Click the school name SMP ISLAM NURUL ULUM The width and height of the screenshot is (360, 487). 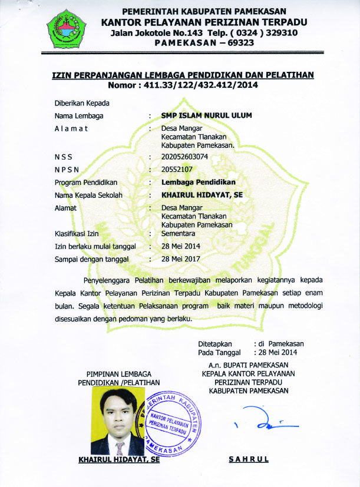206,115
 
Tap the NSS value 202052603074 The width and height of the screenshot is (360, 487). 184,157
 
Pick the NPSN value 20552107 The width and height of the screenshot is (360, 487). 177,169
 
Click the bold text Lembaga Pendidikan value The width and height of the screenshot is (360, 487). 199,182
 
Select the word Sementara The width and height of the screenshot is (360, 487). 180,233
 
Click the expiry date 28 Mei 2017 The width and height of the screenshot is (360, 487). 181,259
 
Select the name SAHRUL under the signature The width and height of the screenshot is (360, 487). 248,459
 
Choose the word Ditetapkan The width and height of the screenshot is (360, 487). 215,343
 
